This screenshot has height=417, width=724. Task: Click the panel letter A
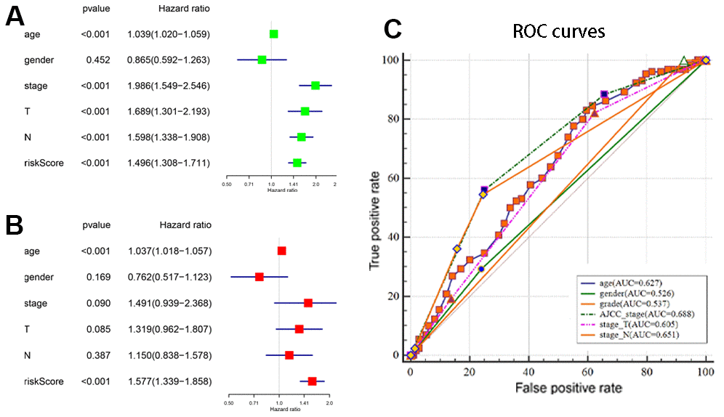[x=17, y=17]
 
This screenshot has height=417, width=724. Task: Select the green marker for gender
[x=262, y=60]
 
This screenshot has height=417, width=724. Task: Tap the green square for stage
[x=315, y=86]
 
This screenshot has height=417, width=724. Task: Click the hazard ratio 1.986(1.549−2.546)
[x=169, y=86]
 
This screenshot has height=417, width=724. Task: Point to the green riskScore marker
[x=297, y=163]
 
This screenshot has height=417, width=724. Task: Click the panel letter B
[x=17, y=225]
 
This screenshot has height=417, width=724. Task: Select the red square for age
[x=281, y=251]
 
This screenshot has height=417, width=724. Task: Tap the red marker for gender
[x=259, y=277]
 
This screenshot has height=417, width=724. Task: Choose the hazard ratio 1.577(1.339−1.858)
[x=169, y=381]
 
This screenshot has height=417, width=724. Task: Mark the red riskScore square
[x=313, y=381]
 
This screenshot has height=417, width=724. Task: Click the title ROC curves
[x=559, y=32]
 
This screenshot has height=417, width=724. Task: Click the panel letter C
[x=393, y=30]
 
